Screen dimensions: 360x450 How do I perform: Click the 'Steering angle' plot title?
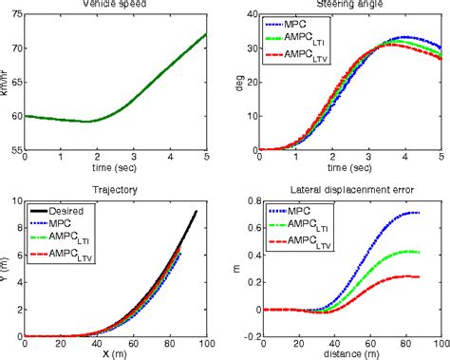point(352,5)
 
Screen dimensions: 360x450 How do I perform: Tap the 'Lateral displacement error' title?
point(352,190)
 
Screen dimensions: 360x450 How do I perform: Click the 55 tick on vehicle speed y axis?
point(12,149)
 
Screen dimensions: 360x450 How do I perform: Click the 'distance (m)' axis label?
point(352,354)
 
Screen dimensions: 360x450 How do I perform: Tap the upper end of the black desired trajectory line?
point(197,212)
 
